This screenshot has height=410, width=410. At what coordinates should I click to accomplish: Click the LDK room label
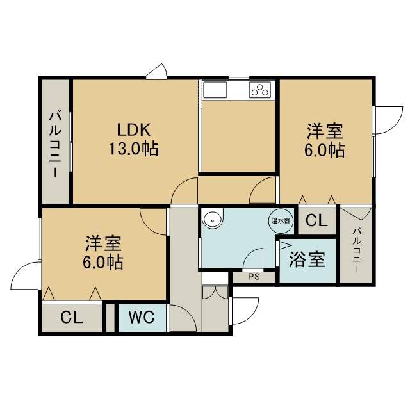point(134,129)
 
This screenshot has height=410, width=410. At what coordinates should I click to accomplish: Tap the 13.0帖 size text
point(133,149)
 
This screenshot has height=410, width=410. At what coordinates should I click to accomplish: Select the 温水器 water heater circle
point(281,221)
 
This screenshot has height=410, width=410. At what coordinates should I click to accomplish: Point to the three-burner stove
point(259,90)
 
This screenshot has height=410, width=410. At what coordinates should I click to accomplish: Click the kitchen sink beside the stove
point(215,90)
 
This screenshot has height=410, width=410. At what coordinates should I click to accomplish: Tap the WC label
point(142,317)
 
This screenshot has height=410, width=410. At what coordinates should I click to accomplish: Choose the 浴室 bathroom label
point(307,259)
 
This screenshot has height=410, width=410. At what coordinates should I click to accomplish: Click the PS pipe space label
point(254,277)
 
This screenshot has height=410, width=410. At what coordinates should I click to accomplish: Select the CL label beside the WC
point(71,318)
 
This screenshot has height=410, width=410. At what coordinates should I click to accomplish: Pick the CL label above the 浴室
point(316,220)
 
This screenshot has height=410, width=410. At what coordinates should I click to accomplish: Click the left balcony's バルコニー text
point(55,144)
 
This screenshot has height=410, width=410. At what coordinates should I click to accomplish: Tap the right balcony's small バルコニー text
point(357,250)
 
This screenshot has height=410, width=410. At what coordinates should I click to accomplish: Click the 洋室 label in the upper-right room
point(325,131)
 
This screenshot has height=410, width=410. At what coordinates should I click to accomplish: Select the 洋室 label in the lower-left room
point(103,243)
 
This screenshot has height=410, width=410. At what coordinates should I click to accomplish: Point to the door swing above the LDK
point(156,71)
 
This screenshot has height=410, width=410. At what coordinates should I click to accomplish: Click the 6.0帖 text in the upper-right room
point(324,150)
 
